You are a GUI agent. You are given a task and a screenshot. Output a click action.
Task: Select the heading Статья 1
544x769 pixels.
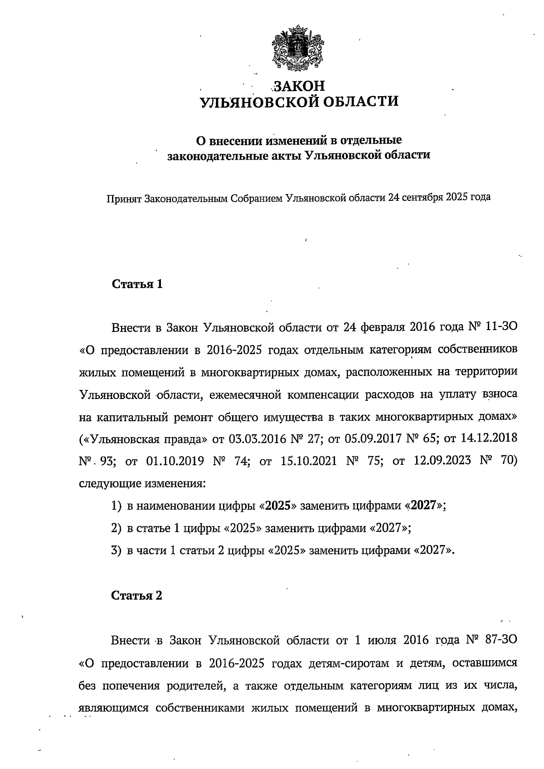click(x=137, y=284)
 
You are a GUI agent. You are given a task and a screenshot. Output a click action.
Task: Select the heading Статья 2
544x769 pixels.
click(x=137, y=595)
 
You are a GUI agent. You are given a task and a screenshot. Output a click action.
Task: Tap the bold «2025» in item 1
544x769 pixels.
click(x=277, y=506)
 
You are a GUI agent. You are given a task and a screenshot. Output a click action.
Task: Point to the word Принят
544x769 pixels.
click(x=123, y=199)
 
